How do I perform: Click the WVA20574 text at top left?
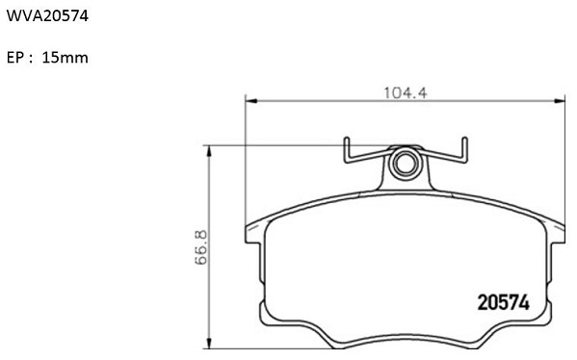tap(47, 15)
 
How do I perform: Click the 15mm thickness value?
tap(66, 58)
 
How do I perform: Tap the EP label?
tap(15, 58)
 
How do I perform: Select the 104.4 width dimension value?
tap(406, 93)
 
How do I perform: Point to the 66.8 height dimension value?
tap(201, 247)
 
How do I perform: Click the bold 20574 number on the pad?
tap(504, 302)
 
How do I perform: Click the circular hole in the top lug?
tap(405, 162)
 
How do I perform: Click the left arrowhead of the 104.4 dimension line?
tap(250, 100)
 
